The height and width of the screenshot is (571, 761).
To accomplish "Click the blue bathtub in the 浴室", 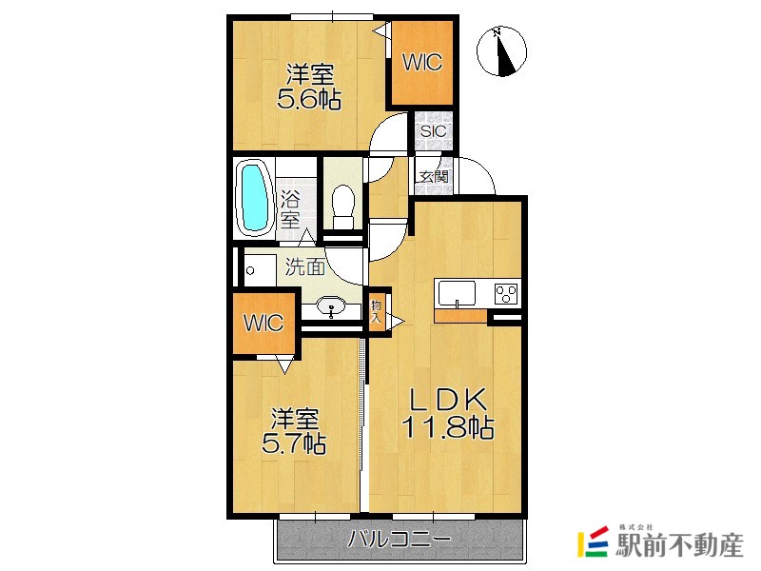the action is tap(255, 198).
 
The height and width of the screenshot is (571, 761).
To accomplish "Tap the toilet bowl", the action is tap(343, 206).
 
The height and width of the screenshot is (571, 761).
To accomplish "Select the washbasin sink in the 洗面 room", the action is tap(331, 306).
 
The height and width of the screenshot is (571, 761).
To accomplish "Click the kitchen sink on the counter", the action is tap(458, 293).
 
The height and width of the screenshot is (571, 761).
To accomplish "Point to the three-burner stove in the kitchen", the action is tap(506, 294).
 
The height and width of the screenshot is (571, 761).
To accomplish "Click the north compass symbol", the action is tap(502, 51).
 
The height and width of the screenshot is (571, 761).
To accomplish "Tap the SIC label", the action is tap(434, 131).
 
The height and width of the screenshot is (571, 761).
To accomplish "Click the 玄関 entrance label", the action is tap(434, 177).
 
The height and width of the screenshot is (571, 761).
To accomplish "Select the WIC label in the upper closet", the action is tap(422, 62).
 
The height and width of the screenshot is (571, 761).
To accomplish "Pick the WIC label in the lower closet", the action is tap(263, 323).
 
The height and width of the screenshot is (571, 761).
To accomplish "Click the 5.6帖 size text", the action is tap(308, 100).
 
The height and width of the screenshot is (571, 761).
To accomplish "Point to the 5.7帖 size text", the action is tap(294, 443).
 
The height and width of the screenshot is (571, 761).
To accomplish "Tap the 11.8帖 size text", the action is tap(447, 427).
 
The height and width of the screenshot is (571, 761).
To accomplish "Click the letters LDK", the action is tap(448, 400).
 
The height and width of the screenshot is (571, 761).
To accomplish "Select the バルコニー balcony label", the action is tap(400, 539).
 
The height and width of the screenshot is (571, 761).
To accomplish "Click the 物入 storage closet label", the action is tap(377, 312).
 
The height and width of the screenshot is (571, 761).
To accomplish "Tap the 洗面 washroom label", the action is tap(304, 266).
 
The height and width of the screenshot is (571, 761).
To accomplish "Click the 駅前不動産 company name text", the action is tap(679, 545).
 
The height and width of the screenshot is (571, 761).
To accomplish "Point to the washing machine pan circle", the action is tap(250, 271).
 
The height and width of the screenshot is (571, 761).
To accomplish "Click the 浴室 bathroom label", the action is tap(290, 209).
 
